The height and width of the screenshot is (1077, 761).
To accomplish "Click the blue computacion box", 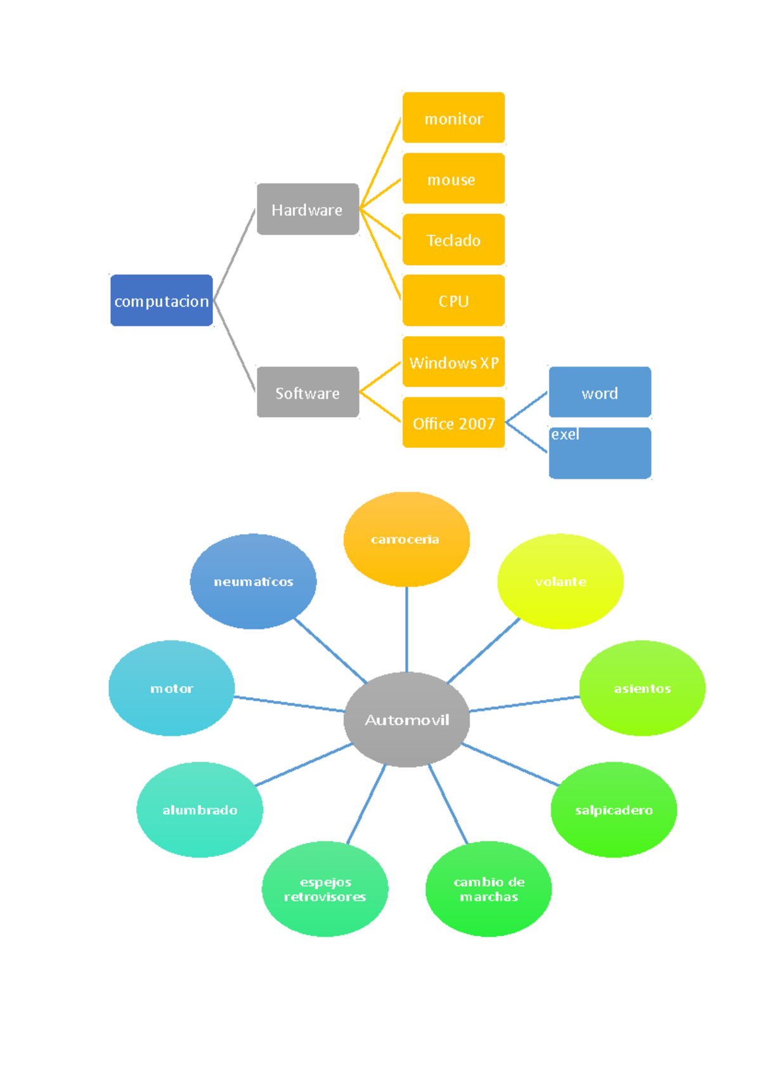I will (161, 301).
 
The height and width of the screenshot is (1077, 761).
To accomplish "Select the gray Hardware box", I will (308, 209).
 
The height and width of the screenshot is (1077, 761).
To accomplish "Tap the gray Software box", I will (308, 392).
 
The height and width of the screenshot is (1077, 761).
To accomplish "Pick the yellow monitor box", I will (453, 118).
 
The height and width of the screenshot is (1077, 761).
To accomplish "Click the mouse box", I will (453, 179).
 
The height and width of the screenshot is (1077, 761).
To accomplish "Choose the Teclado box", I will (453, 240).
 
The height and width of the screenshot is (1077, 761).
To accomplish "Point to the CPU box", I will (453, 301).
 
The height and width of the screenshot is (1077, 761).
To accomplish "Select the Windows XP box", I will (453, 362).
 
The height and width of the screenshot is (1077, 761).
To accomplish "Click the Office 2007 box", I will (453, 422).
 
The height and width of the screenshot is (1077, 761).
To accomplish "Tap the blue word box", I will (600, 392).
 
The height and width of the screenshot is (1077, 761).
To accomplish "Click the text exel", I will (564, 434).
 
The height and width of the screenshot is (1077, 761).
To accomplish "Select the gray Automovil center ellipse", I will (407, 719).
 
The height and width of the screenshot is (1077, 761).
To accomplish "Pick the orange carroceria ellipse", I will (407, 539).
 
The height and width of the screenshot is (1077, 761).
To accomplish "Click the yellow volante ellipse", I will (560, 581).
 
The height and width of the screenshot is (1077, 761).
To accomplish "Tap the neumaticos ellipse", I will (253, 581).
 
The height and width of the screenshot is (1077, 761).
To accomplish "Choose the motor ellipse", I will (171, 688).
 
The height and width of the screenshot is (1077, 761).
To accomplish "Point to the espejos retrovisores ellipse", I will (325, 889).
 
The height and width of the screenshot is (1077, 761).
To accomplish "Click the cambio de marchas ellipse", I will (488, 889).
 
